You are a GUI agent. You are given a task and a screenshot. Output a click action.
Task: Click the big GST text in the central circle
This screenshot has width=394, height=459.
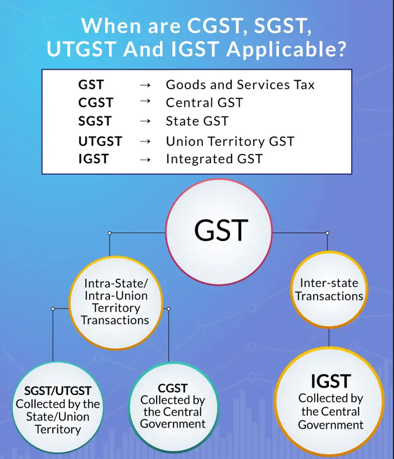[x=221, y=230]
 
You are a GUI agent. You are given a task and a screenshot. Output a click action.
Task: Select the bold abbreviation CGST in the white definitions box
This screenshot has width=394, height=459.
[x=95, y=103]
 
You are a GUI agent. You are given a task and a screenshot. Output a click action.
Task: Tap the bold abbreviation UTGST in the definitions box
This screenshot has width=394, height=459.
[x=100, y=141]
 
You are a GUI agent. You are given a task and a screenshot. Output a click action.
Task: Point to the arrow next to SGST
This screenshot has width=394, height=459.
[x=145, y=121]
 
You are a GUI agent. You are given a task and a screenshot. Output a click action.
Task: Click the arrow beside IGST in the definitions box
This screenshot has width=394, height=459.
[x=145, y=159]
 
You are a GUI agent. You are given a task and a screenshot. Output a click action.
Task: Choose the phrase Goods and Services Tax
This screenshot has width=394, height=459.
[x=240, y=85]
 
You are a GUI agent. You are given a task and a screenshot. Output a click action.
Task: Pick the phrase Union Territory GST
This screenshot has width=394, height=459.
[x=230, y=141]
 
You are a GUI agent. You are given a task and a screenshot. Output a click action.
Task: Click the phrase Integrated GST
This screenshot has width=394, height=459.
[x=214, y=159]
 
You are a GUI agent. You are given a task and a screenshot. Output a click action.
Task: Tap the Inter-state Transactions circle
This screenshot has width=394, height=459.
[x=329, y=289]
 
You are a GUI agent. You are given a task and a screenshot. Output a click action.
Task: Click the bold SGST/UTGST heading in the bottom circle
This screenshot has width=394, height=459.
[x=57, y=391]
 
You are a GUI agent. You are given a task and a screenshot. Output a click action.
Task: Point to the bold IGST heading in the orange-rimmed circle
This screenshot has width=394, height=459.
[x=331, y=381]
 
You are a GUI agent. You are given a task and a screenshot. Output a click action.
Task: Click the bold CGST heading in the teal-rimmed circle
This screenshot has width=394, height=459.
[x=173, y=389]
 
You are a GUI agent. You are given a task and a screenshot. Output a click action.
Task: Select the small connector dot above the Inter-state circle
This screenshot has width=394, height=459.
[x=327, y=233]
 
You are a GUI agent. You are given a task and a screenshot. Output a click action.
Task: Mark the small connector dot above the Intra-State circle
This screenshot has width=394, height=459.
[x=109, y=233]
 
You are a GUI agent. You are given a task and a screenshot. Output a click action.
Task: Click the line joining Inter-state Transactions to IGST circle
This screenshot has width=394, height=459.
[x=329, y=337]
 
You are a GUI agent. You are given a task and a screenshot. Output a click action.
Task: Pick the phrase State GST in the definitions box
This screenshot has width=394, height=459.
[x=197, y=121]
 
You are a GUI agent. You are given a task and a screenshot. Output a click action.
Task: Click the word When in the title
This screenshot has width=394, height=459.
[x=112, y=26]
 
